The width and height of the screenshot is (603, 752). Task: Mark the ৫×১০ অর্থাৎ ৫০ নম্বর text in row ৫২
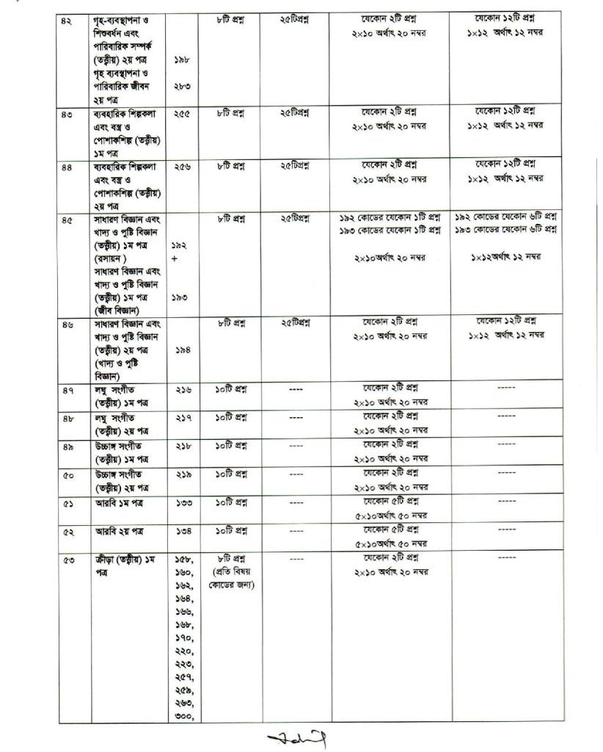391,543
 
